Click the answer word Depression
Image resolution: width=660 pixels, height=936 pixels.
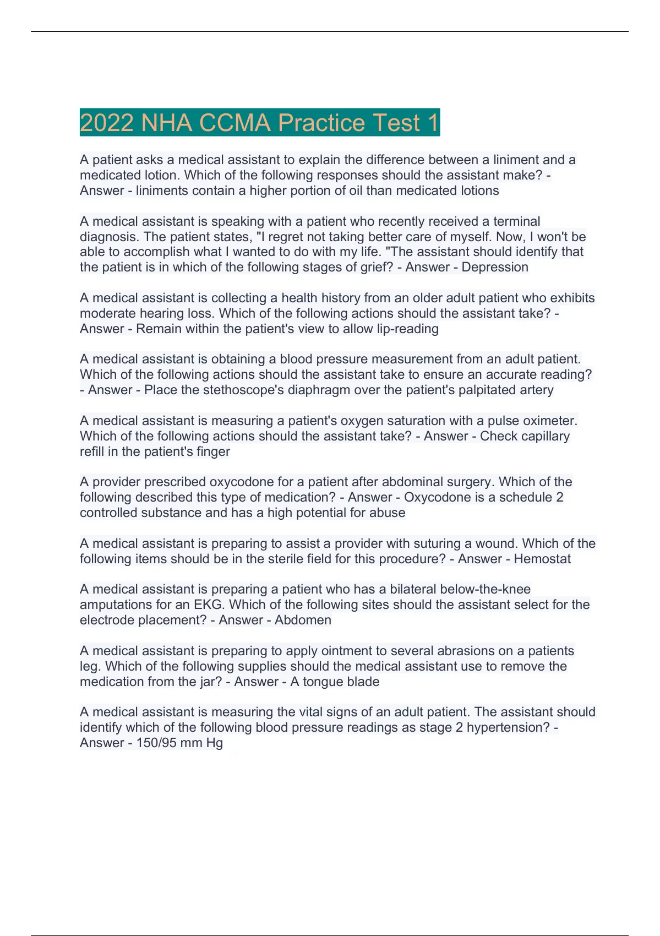tap(495, 267)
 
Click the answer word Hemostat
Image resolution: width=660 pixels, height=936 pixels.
tap(542, 559)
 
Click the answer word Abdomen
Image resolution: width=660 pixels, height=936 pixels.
tap(303, 620)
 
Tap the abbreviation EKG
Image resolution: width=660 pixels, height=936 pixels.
tap(209, 605)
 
